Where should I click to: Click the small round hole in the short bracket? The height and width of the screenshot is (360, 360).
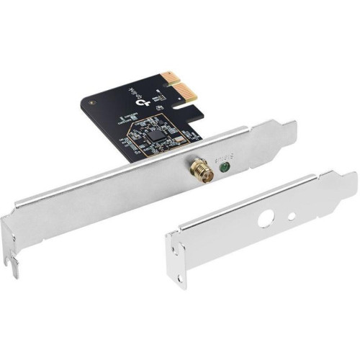[292, 215]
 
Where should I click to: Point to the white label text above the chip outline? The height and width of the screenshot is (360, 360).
[129, 117]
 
